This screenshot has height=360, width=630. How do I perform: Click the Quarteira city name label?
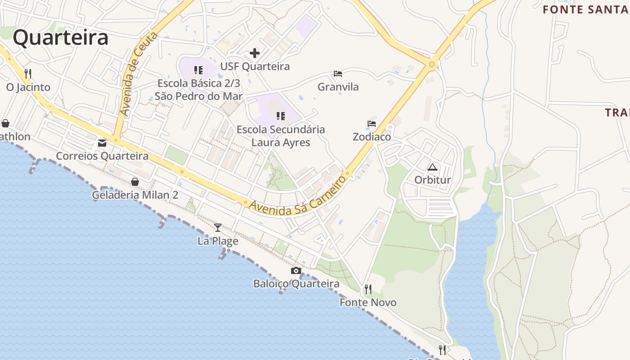(x=60, y=38)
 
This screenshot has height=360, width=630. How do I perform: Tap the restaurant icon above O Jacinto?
(x=28, y=73)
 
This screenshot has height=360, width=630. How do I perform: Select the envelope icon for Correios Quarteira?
(x=102, y=143)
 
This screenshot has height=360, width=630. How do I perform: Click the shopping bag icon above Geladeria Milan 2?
(x=135, y=182)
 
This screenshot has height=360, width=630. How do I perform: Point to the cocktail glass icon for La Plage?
(x=218, y=228)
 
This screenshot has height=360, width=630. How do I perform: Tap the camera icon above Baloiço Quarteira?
(x=296, y=270)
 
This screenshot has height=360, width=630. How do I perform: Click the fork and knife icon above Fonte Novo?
(x=368, y=289)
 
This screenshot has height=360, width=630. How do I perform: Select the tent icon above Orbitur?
(x=432, y=167)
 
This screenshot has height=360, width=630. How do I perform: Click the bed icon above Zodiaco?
(x=372, y=123)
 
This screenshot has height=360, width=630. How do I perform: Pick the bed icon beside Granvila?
(x=338, y=74)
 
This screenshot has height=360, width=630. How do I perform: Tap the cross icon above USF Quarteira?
(x=255, y=53)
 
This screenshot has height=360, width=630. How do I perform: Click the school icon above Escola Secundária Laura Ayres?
(x=281, y=116)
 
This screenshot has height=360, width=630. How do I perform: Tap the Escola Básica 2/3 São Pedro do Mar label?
(x=198, y=90)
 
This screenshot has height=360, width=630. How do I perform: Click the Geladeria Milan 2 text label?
(x=135, y=195)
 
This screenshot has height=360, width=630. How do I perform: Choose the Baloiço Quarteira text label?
(x=296, y=284)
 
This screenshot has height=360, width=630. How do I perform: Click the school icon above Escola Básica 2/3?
(x=198, y=70)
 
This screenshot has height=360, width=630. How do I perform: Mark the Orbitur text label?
(x=432, y=180)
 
